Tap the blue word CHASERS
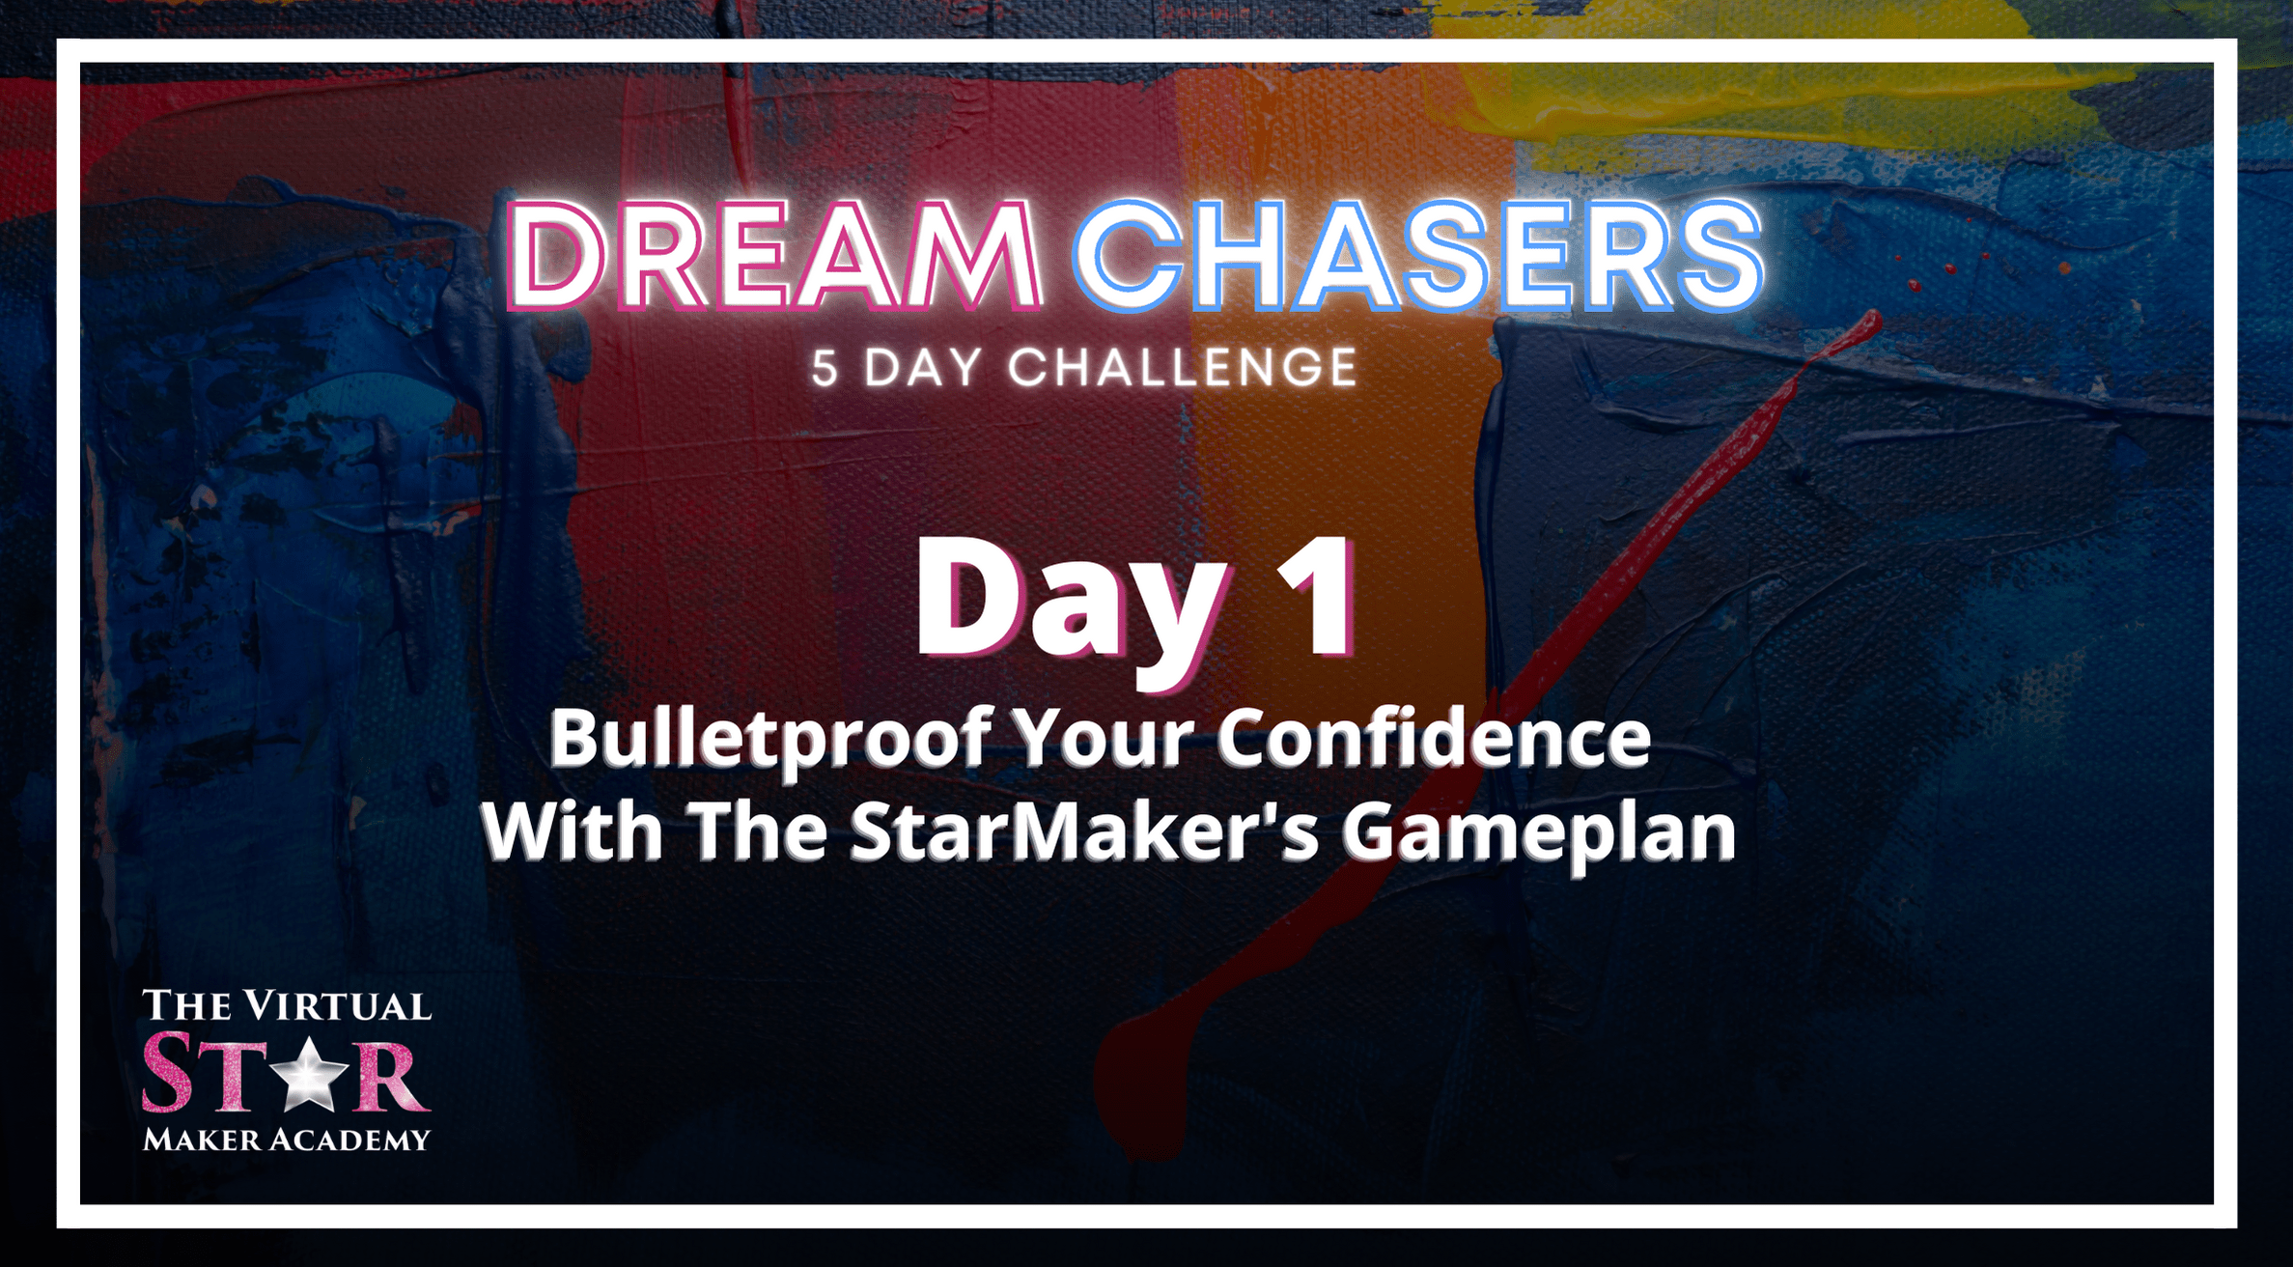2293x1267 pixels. (x=1418, y=256)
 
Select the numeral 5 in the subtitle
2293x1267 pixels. (x=825, y=368)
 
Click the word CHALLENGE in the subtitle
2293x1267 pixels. (x=1183, y=368)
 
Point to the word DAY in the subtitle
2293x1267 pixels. (x=923, y=368)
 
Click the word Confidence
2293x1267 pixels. (x=1434, y=738)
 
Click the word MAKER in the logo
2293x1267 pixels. (x=201, y=1140)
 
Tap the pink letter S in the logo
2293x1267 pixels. (x=168, y=1071)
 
